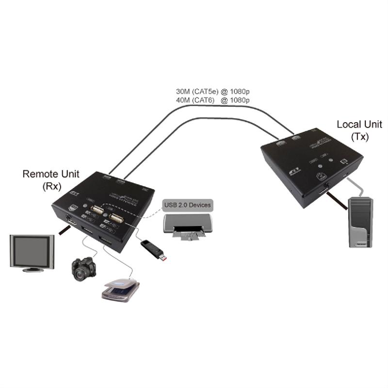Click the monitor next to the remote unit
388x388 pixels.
click(x=32, y=251)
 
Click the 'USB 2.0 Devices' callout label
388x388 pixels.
click(x=187, y=205)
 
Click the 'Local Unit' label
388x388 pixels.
click(x=359, y=125)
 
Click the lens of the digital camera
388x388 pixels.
click(x=80, y=275)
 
